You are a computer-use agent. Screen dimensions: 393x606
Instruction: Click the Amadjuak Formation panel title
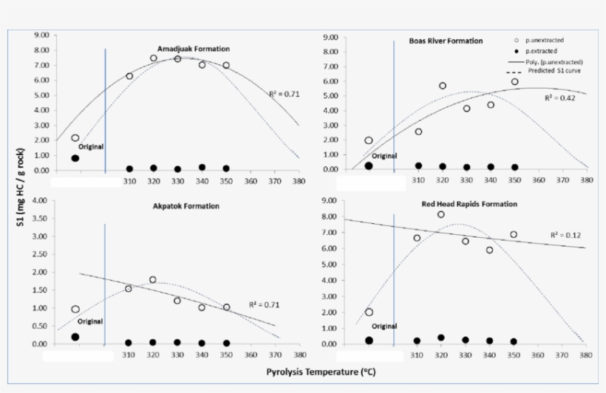coord(194,48)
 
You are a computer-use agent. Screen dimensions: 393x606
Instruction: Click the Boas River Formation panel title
coord(446,41)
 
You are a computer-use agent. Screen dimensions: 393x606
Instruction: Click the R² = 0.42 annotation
coord(558,98)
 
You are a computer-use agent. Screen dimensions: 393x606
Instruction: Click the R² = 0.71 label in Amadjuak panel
coord(284,95)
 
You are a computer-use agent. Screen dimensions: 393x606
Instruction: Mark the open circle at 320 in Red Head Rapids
coord(441,214)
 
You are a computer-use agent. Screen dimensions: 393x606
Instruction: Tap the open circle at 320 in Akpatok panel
coord(153,280)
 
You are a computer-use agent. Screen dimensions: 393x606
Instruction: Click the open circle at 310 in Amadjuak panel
coord(129,76)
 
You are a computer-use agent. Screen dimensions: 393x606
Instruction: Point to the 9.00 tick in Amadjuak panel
coord(41,35)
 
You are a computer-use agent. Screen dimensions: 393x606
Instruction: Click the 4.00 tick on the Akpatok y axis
coord(41,201)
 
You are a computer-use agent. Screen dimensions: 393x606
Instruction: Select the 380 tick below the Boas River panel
coord(587,180)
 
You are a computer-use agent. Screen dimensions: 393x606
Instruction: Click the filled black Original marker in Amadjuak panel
coord(75,158)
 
